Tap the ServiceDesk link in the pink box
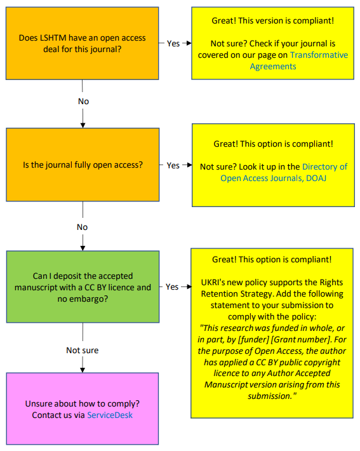[110, 415]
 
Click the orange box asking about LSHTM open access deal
[83, 43]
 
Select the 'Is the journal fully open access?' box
[83, 165]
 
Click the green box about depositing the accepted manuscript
[83, 286]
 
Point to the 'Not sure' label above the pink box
[83, 351]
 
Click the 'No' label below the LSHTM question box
[83, 101]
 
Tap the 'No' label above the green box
[83, 227]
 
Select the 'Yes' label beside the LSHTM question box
[173, 43]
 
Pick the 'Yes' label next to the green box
[172, 286]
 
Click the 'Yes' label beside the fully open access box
[173, 165]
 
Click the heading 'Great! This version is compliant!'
[273, 21]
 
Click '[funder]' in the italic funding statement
[253, 339]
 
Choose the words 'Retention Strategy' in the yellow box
[238, 293]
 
